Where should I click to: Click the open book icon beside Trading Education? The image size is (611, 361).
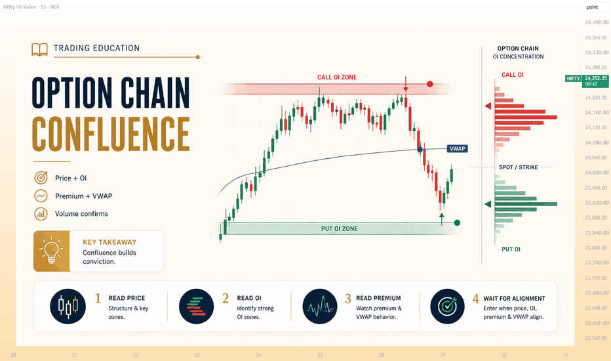click(x=39, y=50)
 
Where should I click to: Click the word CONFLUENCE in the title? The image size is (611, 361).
click(x=111, y=134)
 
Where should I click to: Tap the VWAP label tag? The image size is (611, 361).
click(x=457, y=149)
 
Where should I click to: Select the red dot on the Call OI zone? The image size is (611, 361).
click(x=430, y=84)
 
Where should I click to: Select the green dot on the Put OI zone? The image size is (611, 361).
click(x=457, y=223)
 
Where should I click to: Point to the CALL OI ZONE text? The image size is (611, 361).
click(x=337, y=77)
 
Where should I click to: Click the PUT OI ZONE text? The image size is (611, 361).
click(x=340, y=228)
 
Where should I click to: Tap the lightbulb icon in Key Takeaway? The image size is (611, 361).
click(x=51, y=251)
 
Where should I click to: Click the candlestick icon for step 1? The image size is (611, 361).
click(x=68, y=307)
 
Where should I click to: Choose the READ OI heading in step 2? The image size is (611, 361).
click(x=249, y=298)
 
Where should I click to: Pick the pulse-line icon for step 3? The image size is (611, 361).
click(x=320, y=307)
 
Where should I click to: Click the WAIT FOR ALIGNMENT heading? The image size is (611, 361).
click(x=515, y=299)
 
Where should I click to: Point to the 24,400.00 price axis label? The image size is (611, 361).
click(x=597, y=22)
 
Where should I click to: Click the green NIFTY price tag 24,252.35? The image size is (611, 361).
click(x=587, y=81)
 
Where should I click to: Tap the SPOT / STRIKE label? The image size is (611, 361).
click(x=519, y=167)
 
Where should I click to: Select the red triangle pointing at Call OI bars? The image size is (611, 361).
click(x=488, y=106)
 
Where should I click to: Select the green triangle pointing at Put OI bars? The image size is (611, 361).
click(x=488, y=204)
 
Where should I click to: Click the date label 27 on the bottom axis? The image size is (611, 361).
click(x=320, y=355)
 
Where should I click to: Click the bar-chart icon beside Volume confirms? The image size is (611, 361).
click(x=41, y=213)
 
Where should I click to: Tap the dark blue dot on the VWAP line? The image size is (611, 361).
click(x=420, y=150)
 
